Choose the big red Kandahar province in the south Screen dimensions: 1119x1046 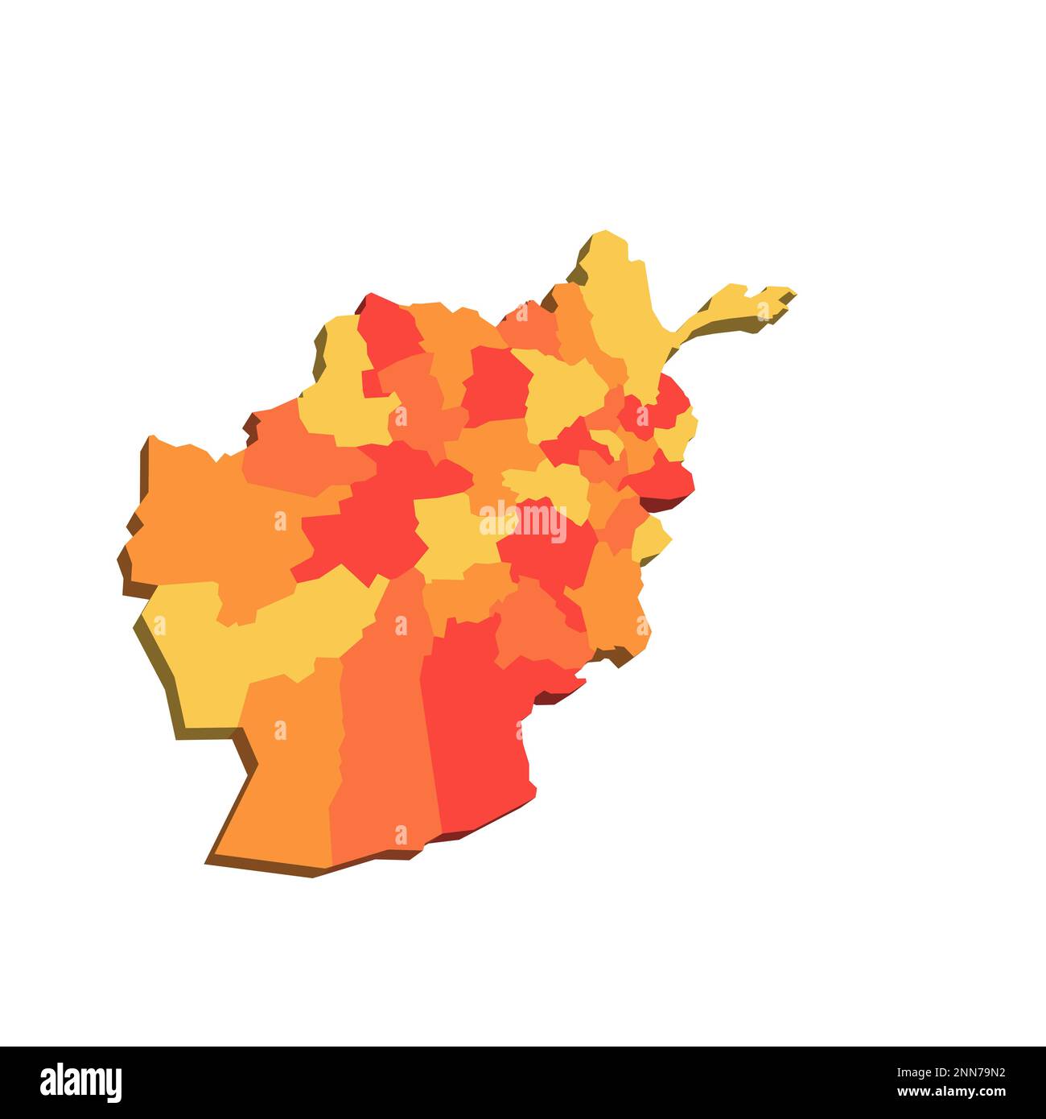[x=475, y=725]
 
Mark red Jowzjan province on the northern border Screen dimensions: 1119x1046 [x=390, y=334]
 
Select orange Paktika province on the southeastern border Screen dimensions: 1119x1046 [x=616, y=596]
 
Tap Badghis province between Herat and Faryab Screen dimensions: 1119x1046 [x=298, y=451]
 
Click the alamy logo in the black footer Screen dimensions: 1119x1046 [x=81, y=1083]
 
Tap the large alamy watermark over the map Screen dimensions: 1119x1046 [x=523, y=519]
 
